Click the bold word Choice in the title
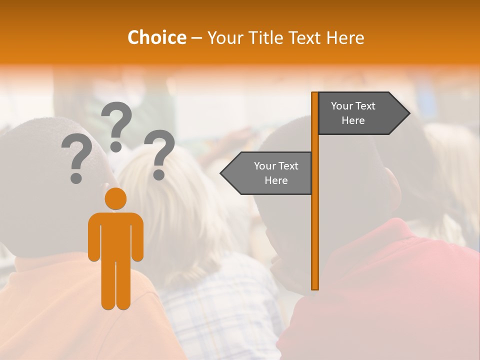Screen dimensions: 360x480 (156, 37)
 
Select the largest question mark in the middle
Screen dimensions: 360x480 (116, 125)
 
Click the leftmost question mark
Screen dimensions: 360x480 (76, 160)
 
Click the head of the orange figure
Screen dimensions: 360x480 (115, 198)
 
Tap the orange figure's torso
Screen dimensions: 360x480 (115, 235)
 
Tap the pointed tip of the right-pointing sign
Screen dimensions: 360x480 (408, 113)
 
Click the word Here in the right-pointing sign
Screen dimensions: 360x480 (353, 120)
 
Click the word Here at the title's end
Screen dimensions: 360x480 (345, 37)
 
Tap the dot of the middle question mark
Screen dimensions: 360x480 (116, 146)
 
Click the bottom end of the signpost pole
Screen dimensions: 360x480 (315, 287)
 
